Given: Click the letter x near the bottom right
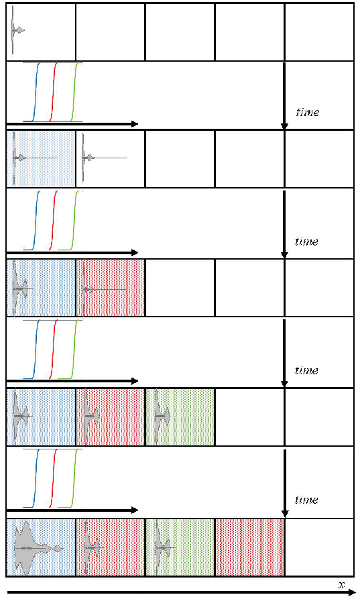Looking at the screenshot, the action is (x=341, y=585).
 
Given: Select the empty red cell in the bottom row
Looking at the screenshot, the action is (x=249, y=547).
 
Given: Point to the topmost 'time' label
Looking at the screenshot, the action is (x=308, y=112).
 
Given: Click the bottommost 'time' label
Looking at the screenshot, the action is (x=307, y=500).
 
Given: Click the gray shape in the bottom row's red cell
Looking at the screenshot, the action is (x=88, y=547).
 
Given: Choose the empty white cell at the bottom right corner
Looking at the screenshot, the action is (x=320, y=547).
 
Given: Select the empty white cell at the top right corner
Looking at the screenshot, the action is (x=320, y=32).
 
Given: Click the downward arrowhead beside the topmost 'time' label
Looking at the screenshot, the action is (x=284, y=126).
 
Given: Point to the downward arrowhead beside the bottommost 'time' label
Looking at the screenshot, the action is (x=284, y=514).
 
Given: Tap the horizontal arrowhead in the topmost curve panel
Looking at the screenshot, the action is (x=134, y=123).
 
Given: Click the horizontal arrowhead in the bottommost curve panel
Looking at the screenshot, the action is (x=134, y=510).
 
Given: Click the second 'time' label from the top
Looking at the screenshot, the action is (x=307, y=241).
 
